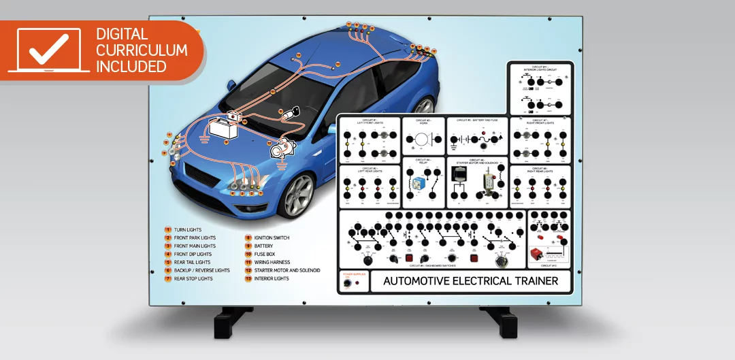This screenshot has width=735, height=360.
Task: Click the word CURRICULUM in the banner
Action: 142,50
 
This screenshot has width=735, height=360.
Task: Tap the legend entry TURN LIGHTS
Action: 188,230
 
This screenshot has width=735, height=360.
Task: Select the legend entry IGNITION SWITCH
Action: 272,238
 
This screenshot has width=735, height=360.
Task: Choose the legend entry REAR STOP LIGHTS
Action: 193,279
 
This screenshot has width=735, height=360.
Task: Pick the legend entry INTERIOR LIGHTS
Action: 272,279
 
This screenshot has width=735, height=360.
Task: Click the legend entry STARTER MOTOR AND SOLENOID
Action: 287,271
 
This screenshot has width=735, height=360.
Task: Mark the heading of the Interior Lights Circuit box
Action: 540,69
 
